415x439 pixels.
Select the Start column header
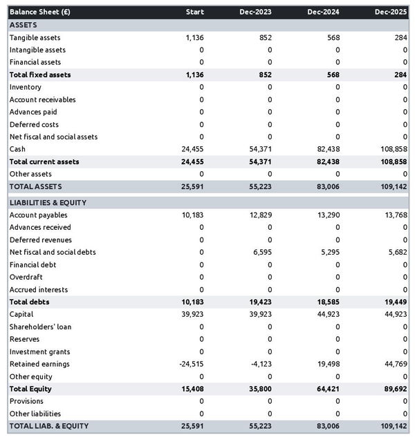click(194, 12)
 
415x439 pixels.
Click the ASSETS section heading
click(24, 25)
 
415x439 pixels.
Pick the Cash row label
click(17, 149)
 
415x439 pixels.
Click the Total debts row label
click(29, 302)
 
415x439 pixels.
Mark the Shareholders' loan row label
click(40, 326)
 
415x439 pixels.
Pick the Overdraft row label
click(26, 277)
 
